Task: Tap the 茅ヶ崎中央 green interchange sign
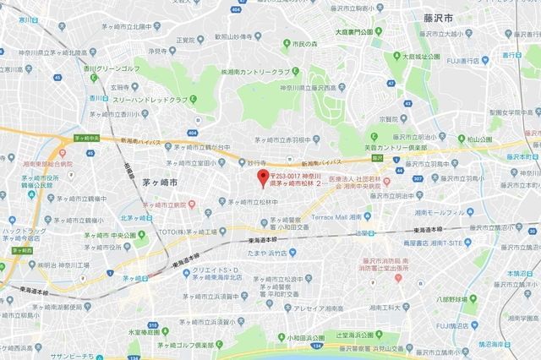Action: point(87,138)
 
